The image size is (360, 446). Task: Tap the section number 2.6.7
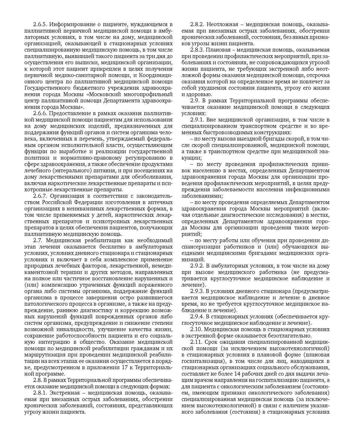(40, 196)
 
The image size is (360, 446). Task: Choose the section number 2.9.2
(197, 266)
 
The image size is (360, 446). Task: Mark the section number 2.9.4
(197, 317)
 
